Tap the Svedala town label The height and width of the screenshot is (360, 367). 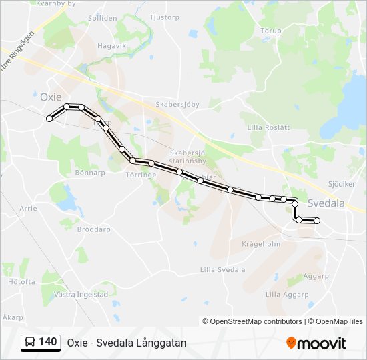[x=327, y=203]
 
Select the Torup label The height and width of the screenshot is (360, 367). [x=271, y=31]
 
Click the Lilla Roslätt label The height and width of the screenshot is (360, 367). [x=268, y=127]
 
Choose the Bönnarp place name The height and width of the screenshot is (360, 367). [x=91, y=172]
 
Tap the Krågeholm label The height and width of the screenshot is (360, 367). [x=260, y=244]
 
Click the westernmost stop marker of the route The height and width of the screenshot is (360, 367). [x=49, y=119]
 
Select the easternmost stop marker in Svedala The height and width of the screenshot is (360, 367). [x=317, y=221]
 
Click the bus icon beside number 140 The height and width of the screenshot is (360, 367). [x=31, y=343]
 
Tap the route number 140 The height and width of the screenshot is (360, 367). [x=48, y=342]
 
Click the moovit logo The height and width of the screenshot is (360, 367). [x=316, y=343]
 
